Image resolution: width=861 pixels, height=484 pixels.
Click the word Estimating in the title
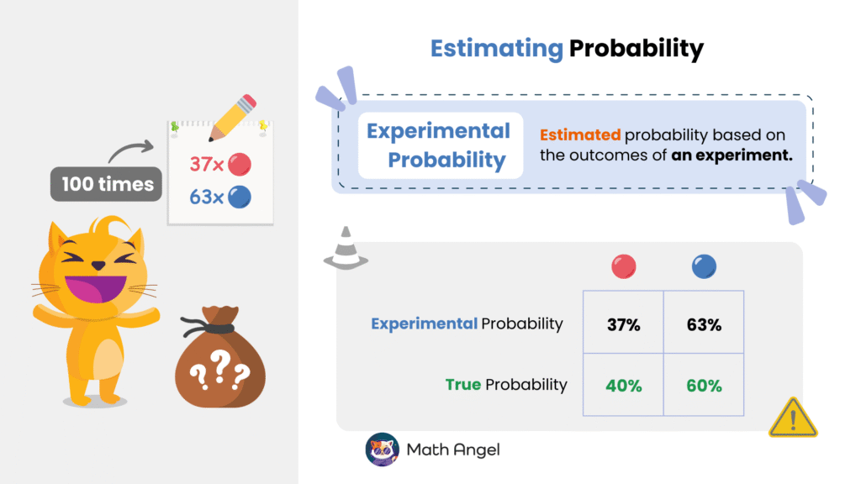496,49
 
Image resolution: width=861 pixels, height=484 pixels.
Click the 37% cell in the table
623,324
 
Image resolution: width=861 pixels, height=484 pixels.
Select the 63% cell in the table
704,324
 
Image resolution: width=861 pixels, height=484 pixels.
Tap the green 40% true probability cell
623,386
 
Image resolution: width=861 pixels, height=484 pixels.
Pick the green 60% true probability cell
704,386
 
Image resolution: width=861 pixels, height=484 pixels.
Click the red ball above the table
623,267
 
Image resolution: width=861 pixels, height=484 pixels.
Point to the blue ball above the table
704,267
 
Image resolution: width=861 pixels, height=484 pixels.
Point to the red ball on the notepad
240,164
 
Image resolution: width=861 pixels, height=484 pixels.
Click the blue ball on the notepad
240,197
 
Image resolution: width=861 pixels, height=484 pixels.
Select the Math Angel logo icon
381,450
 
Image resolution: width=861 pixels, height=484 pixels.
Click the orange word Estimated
579,134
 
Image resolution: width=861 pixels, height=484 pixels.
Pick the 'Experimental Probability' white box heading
439,145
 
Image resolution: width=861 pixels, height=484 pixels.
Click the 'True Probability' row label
506,385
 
